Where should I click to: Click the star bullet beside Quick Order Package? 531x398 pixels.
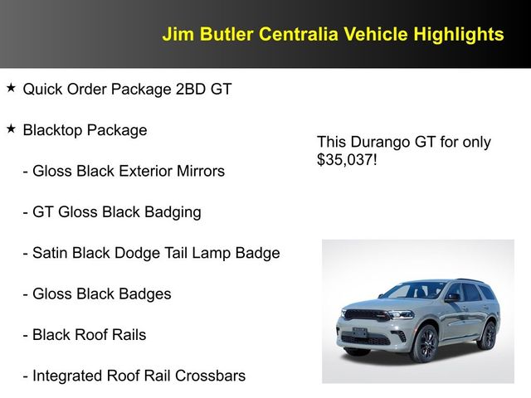pyautogui.click(x=11, y=88)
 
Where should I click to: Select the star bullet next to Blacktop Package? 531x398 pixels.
pyautogui.click(x=11, y=129)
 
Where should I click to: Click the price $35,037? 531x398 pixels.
pyautogui.click(x=347, y=158)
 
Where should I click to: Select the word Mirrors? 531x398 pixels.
pyautogui.click(x=197, y=172)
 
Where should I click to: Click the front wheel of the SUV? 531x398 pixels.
pyautogui.click(x=423, y=344)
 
